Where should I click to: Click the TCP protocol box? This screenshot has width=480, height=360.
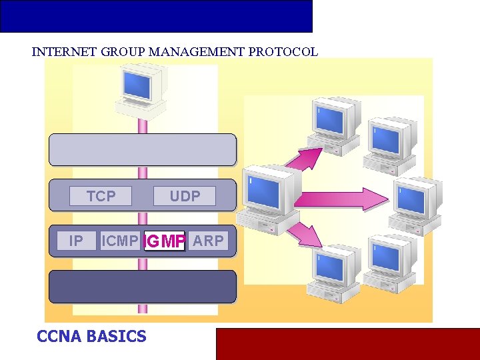[101, 196]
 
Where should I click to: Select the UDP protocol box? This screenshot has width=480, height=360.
[185, 196]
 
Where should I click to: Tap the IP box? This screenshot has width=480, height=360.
[76, 241]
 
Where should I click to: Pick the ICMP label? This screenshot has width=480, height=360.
[120, 241]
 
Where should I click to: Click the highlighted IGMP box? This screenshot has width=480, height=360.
[164, 241]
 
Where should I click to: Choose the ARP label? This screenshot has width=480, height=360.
[208, 241]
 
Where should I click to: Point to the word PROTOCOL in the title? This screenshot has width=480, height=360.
[283, 52]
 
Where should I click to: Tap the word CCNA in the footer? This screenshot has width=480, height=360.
[60, 337]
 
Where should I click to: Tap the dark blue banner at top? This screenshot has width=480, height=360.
[156, 16]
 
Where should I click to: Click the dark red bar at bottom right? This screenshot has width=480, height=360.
[347, 343]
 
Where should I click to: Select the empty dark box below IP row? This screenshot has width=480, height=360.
[143, 287]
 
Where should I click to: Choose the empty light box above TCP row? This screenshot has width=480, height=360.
[143, 150]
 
